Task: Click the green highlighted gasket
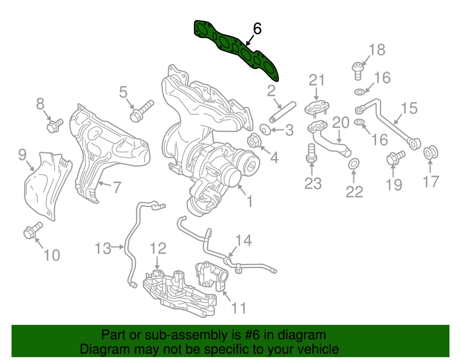coord(235,48)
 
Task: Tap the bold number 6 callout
coord(257,29)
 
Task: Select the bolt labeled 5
coord(141,111)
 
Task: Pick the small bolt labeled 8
coord(54,125)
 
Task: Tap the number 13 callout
coord(103,248)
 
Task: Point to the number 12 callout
coord(158,248)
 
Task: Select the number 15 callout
coord(409,109)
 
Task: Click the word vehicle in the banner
coord(315,348)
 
